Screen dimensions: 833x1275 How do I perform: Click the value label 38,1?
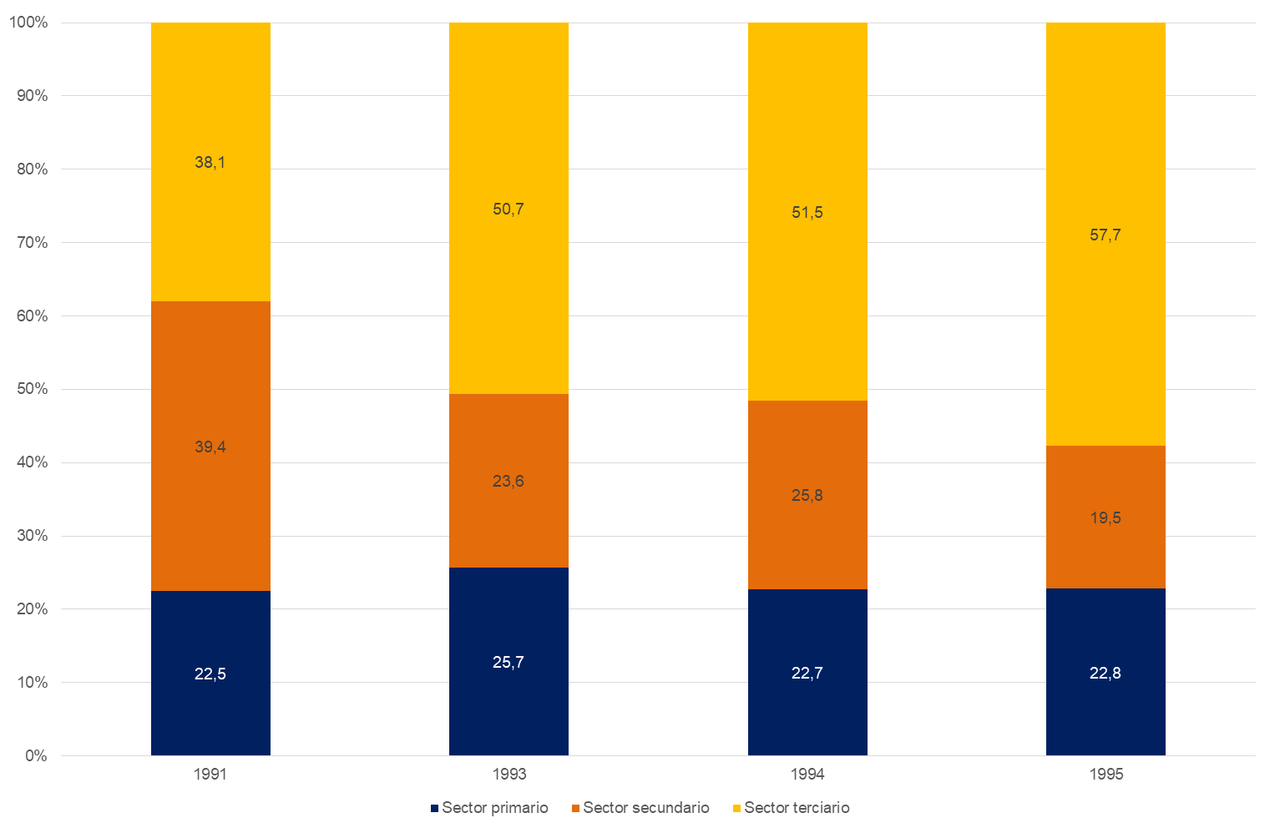point(210,163)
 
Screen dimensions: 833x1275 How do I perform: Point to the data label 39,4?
point(210,447)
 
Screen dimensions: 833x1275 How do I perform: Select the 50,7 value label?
point(508,210)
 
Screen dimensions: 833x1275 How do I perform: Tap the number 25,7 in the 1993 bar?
point(508,663)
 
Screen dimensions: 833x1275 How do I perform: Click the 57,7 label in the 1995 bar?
point(1106,235)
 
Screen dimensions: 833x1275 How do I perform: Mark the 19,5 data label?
point(1106,518)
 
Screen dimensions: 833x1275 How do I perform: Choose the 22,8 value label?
point(1106,674)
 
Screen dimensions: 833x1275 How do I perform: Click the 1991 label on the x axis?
point(210,775)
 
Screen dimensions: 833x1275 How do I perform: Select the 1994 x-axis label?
point(807,775)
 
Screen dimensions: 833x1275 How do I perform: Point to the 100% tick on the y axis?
point(29,23)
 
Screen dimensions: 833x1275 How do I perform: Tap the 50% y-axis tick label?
point(33,389)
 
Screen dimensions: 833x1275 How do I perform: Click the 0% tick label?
point(36,756)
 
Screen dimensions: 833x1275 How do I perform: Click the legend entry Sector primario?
point(495,808)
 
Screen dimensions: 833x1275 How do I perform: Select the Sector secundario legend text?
point(646,808)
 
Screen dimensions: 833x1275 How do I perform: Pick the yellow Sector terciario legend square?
point(736,809)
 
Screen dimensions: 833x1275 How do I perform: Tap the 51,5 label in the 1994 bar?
point(807,213)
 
